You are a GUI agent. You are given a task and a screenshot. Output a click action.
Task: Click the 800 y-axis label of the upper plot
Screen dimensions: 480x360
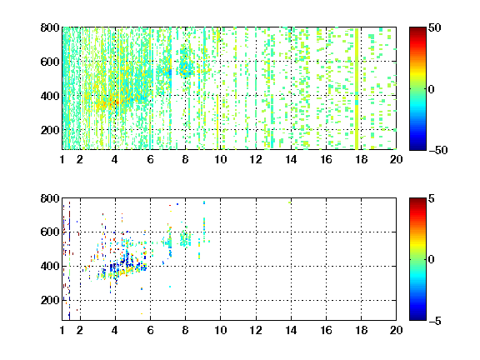pyautogui.click(x=50, y=27)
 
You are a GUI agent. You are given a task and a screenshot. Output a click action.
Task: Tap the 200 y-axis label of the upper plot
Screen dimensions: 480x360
pyautogui.click(x=50, y=130)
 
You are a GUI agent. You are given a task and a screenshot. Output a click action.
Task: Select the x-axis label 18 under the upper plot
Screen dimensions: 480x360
pyautogui.click(x=361, y=159)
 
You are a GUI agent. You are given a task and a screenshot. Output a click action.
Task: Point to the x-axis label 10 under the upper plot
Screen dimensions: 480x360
pyautogui.click(x=220, y=159)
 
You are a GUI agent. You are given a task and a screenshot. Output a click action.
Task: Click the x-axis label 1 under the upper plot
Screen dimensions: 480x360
pyautogui.click(x=62, y=159)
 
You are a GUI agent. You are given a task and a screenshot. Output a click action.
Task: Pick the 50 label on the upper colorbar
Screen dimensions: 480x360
pyautogui.click(x=434, y=28)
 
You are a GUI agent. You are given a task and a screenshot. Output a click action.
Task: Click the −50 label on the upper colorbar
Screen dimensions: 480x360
pyautogui.click(x=438, y=150)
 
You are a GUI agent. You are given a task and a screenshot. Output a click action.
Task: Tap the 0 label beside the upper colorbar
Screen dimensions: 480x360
pyautogui.click(x=432, y=89)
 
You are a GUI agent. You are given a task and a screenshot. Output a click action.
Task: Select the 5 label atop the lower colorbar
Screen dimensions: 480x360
pyautogui.click(x=432, y=198)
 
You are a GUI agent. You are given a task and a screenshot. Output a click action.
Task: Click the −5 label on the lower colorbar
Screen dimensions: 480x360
pyautogui.click(x=435, y=321)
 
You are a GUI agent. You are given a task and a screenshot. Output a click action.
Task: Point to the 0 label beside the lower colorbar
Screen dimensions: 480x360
pyautogui.click(x=432, y=260)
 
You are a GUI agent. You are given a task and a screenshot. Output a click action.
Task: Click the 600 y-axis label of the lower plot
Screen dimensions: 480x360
pyautogui.click(x=50, y=232)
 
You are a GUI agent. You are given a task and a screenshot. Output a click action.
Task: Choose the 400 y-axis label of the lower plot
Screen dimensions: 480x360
pyautogui.click(x=50, y=267)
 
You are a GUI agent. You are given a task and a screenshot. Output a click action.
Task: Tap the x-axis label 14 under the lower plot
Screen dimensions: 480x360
pyautogui.click(x=291, y=330)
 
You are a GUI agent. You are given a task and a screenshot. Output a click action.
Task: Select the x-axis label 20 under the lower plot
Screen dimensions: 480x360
pyautogui.click(x=396, y=330)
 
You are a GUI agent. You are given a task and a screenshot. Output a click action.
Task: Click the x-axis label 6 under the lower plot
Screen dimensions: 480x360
pyautogui.click(x=150, y=330)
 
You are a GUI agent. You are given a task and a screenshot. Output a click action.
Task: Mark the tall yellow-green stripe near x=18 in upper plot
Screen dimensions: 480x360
pyautogui.click(x=357, y=88)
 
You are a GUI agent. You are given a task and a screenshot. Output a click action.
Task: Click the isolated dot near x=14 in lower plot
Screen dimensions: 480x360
pyautogui.click(x=290, y=202)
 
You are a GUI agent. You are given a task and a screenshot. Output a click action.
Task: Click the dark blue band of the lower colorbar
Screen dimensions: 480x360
pyautogui.click(x=417, y=316)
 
